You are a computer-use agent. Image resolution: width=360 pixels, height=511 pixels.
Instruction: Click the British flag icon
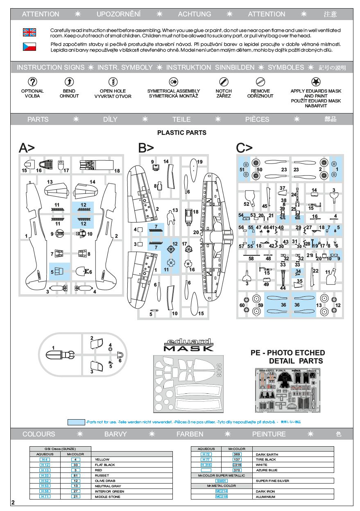pyautogui.click(x=29, y=32)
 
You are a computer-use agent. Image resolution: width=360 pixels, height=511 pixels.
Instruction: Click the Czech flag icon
pyautogui.click(x=29, y=46)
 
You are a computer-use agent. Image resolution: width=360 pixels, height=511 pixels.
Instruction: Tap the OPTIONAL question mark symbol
pyautogui.click(x=32, y=81)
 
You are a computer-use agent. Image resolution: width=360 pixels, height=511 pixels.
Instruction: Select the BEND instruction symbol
pyautogui.click(x=69, y=81)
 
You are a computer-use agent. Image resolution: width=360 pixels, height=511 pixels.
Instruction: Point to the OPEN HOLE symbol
pyautogui.click(x=113, y=81)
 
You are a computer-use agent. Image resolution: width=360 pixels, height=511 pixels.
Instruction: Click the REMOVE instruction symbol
pyautogui.click(x=260, y=81)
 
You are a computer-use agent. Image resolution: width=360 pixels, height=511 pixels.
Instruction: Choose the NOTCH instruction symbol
pyautogui.click(x=224, y=81)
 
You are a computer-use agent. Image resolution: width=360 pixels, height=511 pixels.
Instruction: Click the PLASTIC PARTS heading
pyautogui.click(x=181, y=132)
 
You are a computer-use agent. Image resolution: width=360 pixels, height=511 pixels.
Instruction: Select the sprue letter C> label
pyautogui.click(x=244, y=148)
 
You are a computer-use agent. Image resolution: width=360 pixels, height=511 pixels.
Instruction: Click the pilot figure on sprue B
pyautogui.click(x=171, y=218)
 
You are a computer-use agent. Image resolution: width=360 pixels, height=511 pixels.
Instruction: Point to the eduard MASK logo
pyautogui.click(x=188, y=345)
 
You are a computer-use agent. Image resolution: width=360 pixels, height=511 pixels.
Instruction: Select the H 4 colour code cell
pyautogui.click(x=45, y=459)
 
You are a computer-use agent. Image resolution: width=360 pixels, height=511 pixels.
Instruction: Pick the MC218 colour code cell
pyautogui.click(x=221, y=497)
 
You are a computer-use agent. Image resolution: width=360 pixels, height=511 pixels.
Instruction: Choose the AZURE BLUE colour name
pyautogui.click(x=266, y=470)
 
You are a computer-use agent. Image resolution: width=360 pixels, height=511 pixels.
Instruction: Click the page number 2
pyautogui.click(x=13, y=503)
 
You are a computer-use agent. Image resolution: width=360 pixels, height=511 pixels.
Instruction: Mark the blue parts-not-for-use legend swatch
pyautogui.click(x=76, y=422)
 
